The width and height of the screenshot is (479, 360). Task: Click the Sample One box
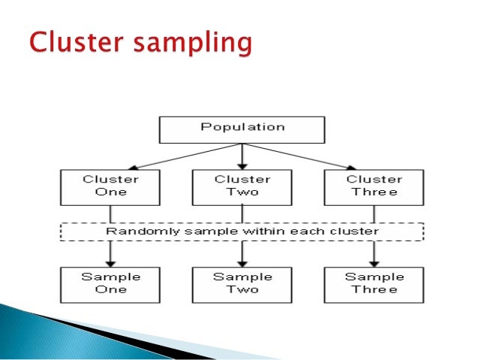[x=110, y=283]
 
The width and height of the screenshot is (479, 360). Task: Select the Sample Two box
[x=242, y=283]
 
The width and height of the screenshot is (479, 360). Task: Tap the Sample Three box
[x=374, y=283]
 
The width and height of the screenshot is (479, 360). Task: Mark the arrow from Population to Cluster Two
[x=242, y=156]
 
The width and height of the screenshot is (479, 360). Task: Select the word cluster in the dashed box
[x=358, y=231]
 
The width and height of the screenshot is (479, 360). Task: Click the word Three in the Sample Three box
[x=374, y=290]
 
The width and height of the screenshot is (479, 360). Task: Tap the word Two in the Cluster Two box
[x=242, y=192]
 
